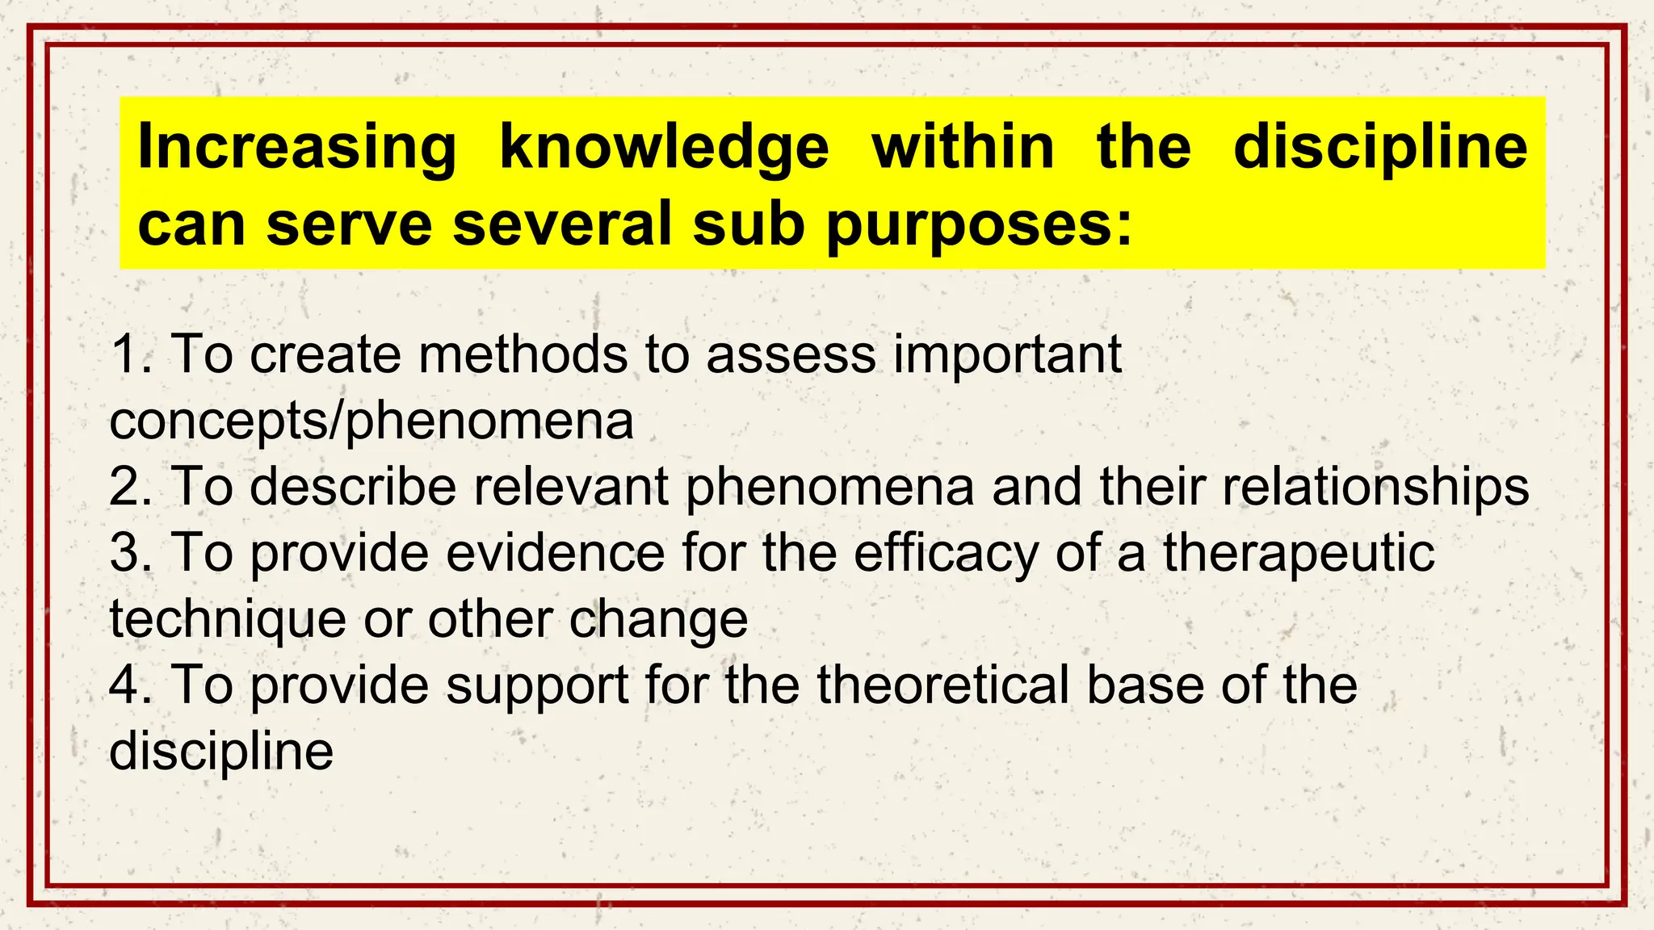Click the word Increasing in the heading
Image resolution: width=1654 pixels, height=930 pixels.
click(x=297, y=147)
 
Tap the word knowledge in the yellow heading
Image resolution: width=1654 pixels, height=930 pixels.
click(x=664, y=147)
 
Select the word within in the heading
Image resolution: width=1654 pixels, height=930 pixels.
click(x=963, y=147)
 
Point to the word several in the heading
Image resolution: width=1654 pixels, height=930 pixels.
click(x=562, y=223)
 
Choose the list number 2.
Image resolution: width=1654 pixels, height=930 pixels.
click(x=129, y=486)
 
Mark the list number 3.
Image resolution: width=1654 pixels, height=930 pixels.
click(x=129, y=552)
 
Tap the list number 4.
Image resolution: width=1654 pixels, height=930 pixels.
click(x=129, y=685)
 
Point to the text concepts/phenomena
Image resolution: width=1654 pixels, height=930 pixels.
click(x=372, y=421)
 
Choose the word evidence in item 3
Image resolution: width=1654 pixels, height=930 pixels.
click(x=556, y=552)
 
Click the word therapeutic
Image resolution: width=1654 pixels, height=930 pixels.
click(x=1299, y=554)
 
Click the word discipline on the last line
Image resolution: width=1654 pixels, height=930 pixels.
click(x=221, y=751)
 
